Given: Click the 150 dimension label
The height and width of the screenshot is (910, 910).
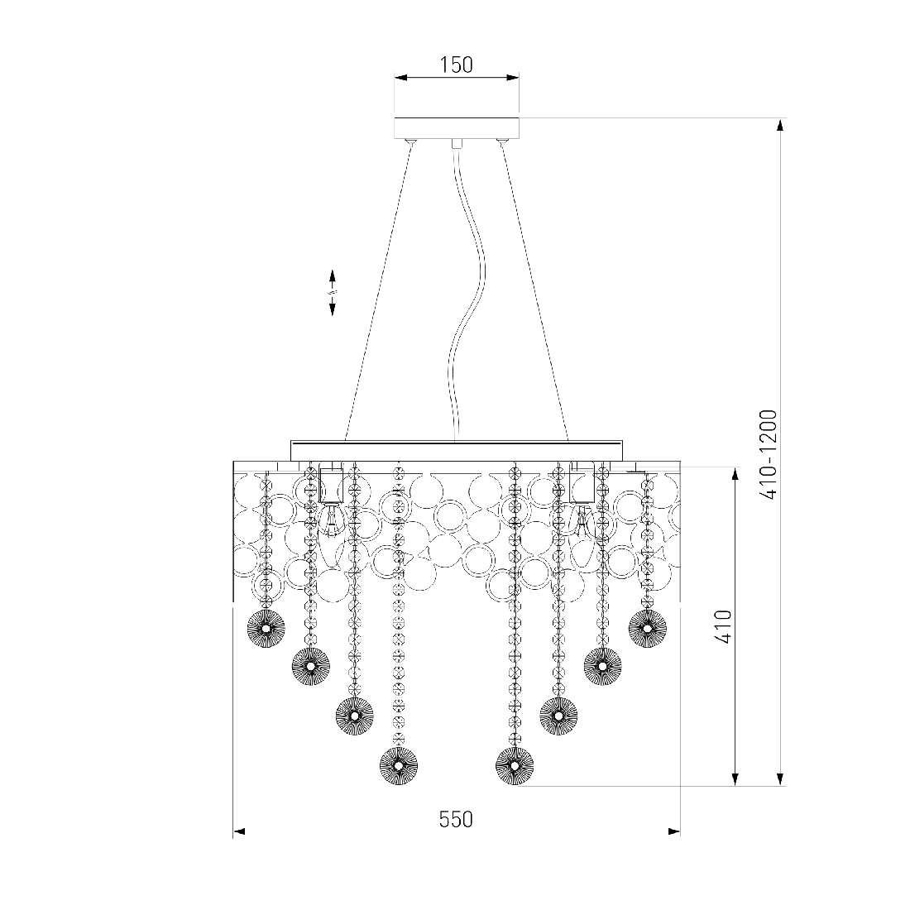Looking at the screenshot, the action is pyautogui.click(x=456, y=65).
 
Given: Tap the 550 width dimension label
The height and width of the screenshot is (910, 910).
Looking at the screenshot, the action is pyautogui.click(x=456, y=820).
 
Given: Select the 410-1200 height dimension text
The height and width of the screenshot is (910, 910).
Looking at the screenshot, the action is pyautogui.click(x=769, y=454).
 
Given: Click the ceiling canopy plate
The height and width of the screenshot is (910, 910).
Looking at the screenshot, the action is pyautogui.click(x=456, y=127).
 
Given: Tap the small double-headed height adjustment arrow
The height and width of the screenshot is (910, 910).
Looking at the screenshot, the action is pyautogui.click(x=333, y=293).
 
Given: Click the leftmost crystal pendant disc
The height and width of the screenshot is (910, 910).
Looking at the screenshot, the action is pyautogui.click(x=266, y=629).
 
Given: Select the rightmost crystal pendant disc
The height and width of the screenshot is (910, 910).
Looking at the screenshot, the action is pyautogui.click(x=647, y=627).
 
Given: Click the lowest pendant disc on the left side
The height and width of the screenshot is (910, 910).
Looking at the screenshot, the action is pyautogui.click(x=399, y=765).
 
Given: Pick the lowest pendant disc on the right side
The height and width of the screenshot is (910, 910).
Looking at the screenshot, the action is pyautogui.click(x=515, y=765).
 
